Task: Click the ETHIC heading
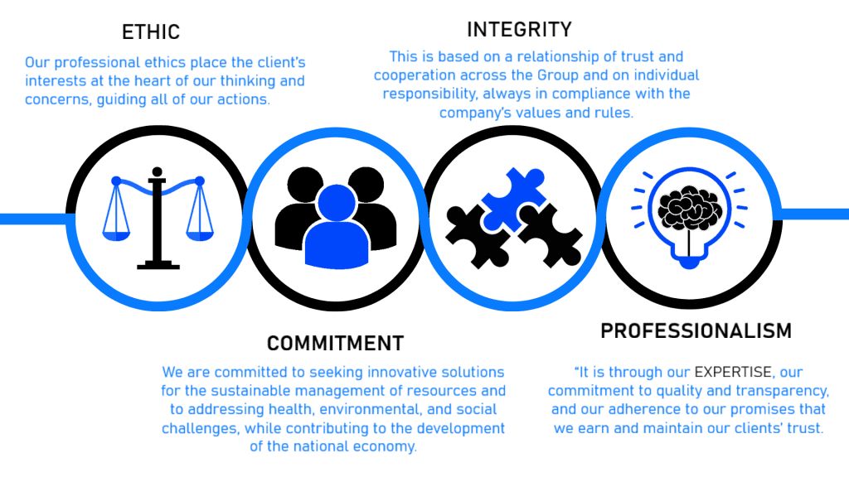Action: tap(151, 32)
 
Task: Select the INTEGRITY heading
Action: tap(519, 30)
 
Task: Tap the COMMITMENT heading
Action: tap(335, 343)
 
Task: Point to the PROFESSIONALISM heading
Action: tap(696, 330)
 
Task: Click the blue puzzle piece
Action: tap(508, 195)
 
